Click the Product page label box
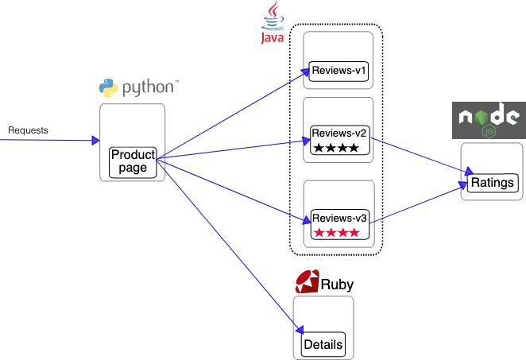click(x=133, y=161)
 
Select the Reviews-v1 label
click(x=338, y=72)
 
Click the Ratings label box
click(x=493, y=184)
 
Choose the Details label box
click(x=323, y=344)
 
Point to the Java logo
click(x=273, y=22)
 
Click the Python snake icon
click(x=108, y=87)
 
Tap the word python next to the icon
click(x=149, y=87)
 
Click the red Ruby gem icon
click(x=307, y=281)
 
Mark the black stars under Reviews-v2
click(x=336, y=148)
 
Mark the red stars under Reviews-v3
click(x=336, y=233)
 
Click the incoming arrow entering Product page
click(x=48, y=141)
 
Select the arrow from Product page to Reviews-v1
click(x=230, y=115)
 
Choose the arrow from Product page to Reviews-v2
click(x=230, y=149)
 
